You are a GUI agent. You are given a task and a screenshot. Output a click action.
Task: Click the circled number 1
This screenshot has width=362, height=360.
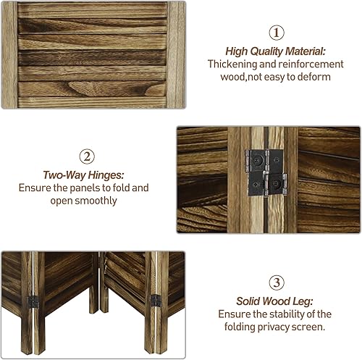(x=277, y=33)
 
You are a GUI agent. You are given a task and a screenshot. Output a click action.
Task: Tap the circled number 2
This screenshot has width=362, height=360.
(x=86, y=156)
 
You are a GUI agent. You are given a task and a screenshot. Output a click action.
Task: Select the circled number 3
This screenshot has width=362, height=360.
(x=276, y=282)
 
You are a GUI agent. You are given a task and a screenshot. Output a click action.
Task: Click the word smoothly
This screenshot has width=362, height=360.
(x=95, y=201)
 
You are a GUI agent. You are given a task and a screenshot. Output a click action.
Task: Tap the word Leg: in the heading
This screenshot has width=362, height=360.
(x=302, y=301)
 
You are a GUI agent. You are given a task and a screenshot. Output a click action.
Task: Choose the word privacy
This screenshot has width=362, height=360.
(x=278, y=327)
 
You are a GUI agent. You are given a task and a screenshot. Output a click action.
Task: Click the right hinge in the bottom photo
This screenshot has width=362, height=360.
(x=153, y=298)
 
